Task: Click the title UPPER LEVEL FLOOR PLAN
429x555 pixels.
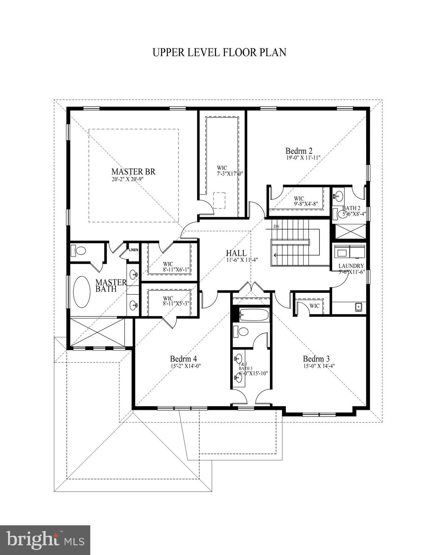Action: [219, 52]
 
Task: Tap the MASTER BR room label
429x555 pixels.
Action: [133, 172]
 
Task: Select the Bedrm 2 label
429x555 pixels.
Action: [299, 151]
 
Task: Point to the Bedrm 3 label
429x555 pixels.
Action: [316, 359]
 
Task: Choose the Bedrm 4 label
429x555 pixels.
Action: [184, 359]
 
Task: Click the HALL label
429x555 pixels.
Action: [236, 253]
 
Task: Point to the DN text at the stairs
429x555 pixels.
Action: [276, 227]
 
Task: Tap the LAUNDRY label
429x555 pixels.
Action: [351, 266]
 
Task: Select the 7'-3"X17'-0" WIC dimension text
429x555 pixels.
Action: [230, 173]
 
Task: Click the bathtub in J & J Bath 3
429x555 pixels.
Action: [254, 315]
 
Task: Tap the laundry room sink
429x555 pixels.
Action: [359, 307]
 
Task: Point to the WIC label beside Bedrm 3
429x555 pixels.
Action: [314, 306]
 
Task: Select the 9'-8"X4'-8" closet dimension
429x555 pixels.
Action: [306, 204]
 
